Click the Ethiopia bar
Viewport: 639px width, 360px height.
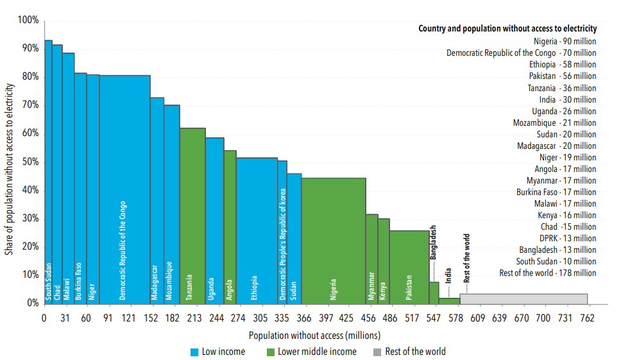coord(257,230)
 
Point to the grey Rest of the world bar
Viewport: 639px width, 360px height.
coord(523,298)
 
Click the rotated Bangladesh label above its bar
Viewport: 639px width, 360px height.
coord(434,241)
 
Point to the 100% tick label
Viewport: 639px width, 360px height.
coord(28,21)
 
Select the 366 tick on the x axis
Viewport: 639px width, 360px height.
coord(304,318)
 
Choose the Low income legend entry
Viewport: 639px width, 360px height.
coord(217,352)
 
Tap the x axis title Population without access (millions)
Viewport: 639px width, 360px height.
coord(314,335)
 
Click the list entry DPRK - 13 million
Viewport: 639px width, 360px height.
coord(568,238)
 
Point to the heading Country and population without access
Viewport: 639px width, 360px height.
coord(507,28)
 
